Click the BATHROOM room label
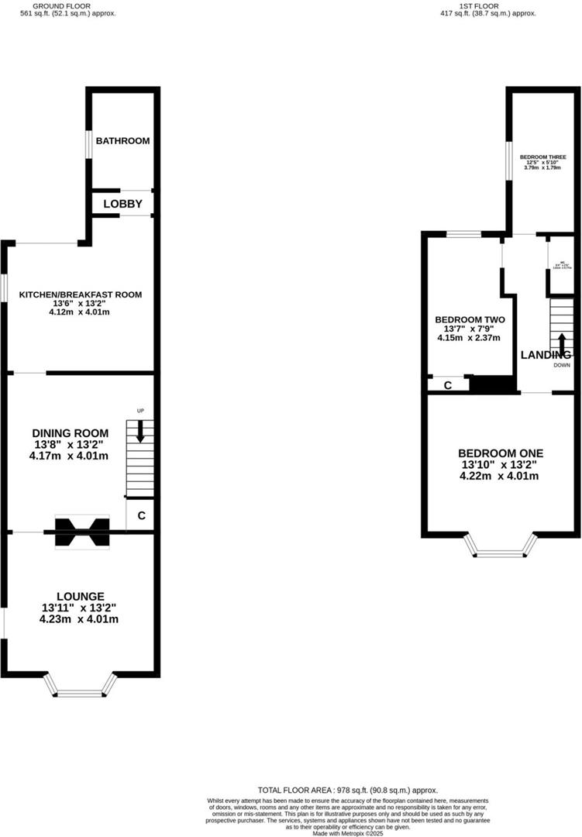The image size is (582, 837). (122, 141)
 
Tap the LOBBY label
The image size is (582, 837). (122, 204)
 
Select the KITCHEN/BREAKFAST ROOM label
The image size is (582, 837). (81, 295)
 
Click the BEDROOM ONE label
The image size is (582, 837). (500, 453)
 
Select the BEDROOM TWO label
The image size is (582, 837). (470, 319)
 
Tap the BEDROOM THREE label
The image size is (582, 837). (542, 156)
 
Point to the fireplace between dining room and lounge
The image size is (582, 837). (81, 532)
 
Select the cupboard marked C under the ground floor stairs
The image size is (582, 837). (141, 515)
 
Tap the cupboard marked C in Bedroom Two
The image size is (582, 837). (447, 384)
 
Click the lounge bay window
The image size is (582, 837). (81, 686)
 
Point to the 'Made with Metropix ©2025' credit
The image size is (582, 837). (347, 833)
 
